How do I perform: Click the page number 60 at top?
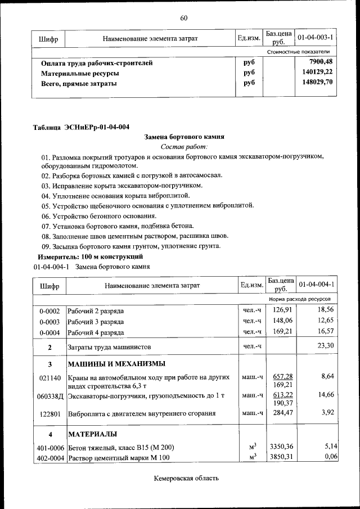click(x=183, y=18)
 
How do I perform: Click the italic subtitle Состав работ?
click(x=184, y=146)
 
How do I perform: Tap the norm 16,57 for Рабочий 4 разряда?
click(x=326, y=332)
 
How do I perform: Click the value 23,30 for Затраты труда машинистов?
click(x=326, y=346)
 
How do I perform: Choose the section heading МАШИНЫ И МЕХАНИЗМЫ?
click(x=116, y=363)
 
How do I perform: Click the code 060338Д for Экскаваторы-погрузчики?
click(x=50, y=396)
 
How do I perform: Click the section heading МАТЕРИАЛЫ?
click(x=93, y=434)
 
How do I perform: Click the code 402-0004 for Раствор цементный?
click(x=49, y=458)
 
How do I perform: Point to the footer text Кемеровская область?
click(x=186, y=478)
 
